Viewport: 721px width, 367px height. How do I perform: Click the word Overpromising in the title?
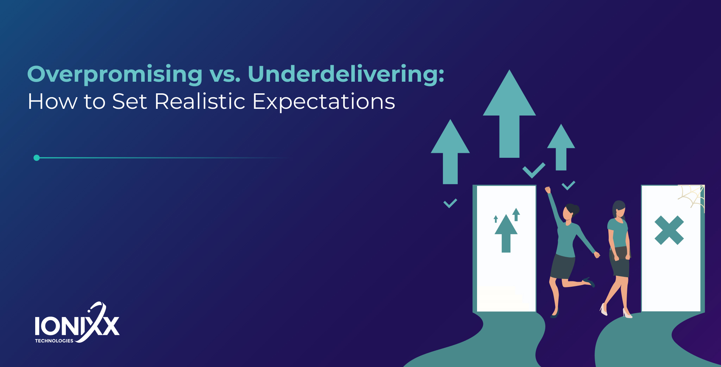point(115,74)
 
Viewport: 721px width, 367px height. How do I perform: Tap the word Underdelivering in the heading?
point(346,74)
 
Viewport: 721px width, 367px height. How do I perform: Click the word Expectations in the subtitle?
point(324,102)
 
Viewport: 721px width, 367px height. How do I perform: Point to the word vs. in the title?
point(225,75)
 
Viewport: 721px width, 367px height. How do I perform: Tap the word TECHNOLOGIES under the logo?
point(54,341)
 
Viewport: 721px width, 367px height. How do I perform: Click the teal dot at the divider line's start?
point(37,158)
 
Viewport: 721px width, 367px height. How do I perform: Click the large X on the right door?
point(669,230)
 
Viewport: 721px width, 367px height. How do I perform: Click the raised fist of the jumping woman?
point(548,190)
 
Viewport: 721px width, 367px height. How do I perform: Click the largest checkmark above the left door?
point(533,170)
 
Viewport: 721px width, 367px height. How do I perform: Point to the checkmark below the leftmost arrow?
point(450,203)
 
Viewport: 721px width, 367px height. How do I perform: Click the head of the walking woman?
point(619,209)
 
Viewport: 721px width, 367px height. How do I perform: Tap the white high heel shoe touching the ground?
point(627,313)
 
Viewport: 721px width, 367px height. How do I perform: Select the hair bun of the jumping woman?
point(576,210)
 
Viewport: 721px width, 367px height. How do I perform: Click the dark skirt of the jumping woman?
point(563,266)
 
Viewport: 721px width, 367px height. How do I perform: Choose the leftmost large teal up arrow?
point(450,151)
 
